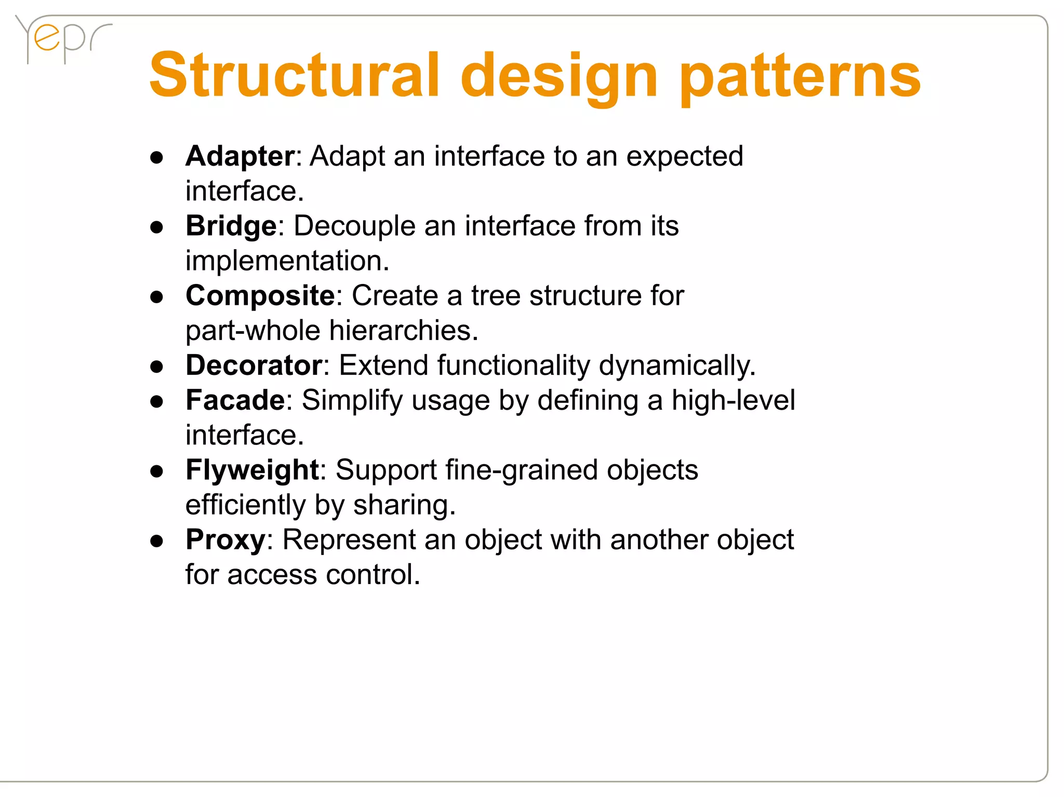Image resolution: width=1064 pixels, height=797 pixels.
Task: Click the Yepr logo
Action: [62, 39]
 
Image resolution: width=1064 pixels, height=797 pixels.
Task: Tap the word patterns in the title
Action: [800, 78]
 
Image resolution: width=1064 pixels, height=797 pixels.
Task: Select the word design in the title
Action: [559, 78]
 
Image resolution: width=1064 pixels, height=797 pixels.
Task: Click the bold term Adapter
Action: [240, 156]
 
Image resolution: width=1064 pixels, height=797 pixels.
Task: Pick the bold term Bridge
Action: [231, 226]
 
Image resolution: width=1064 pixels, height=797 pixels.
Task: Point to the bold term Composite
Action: [260, 296]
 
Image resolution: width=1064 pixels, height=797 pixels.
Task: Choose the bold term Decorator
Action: [254, 366]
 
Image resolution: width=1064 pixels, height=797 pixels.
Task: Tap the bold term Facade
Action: [235, 400]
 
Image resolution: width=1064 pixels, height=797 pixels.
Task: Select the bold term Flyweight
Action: [252, 470]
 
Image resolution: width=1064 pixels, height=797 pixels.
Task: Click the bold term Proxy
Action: [225, 540]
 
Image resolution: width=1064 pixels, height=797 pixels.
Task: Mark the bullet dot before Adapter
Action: [156, 157]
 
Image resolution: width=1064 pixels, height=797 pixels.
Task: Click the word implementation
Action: [287, 261]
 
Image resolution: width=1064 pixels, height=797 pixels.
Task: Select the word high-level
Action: [733, 400]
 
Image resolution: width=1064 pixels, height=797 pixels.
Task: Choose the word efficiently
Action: [246, 506]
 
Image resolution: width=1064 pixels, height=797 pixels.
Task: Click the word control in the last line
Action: [373, 575]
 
